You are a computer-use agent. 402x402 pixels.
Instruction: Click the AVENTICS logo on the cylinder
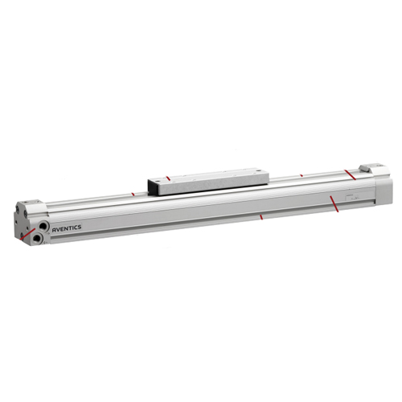tap(67, 228)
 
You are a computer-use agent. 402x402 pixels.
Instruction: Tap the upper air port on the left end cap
tap(43, 227)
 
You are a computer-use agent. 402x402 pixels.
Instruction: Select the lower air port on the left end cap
tap(36, 237)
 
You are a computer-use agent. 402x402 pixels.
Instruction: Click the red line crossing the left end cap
tap(27, 234)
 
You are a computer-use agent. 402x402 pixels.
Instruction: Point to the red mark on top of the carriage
tap(168, 178)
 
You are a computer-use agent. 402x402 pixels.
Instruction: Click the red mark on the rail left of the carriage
tap(133, 194)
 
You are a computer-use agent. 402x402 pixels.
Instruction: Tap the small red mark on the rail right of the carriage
tap(301, 175)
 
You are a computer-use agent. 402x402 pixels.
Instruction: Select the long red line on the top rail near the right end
tap(350, 174)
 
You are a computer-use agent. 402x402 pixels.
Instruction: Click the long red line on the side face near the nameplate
tap(334, 203)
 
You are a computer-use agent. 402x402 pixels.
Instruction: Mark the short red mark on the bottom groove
tap(261, 217)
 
